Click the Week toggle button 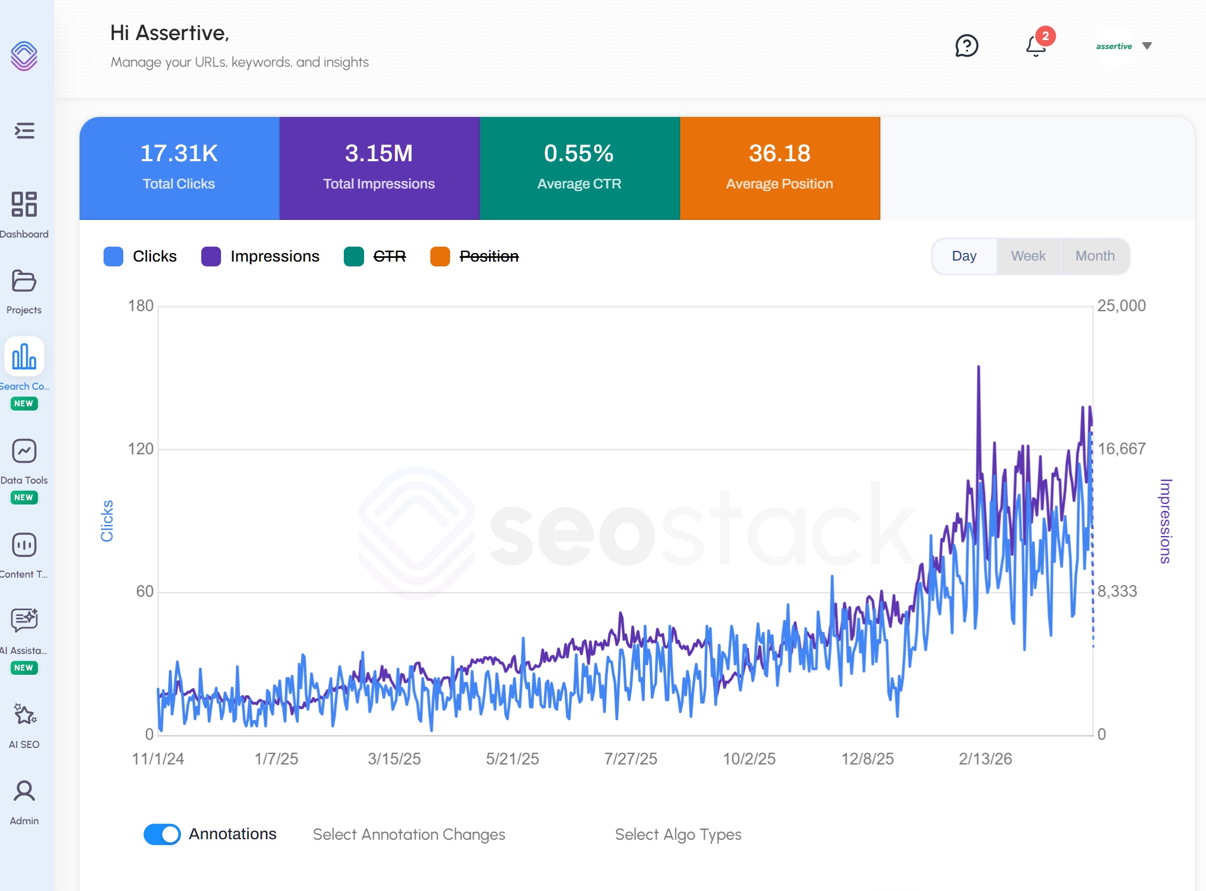(x=1028, y=256)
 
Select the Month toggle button (x=1094, y=256)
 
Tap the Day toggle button (x=964, y=256)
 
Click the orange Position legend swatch (x=440, y=257)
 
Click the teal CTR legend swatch (x=354, y=257)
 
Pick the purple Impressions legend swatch (x=211, y=257)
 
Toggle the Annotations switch (x=162, y=834)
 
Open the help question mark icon (x=966, y=46)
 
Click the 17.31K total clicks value (x=179, y=153)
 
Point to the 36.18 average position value (x=779, y=153)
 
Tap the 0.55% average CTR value (x=579, y=153)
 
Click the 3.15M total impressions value (x=379, y=153)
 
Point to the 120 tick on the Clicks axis (x=141, y=449)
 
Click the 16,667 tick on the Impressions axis (x=1122, y=449)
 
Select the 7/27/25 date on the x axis (x=630, y=759)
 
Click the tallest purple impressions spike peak (x=979, y=367)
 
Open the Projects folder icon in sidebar (x=23, y=281)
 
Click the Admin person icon (x=24, y=791)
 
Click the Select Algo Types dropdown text (x=678, y=834)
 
